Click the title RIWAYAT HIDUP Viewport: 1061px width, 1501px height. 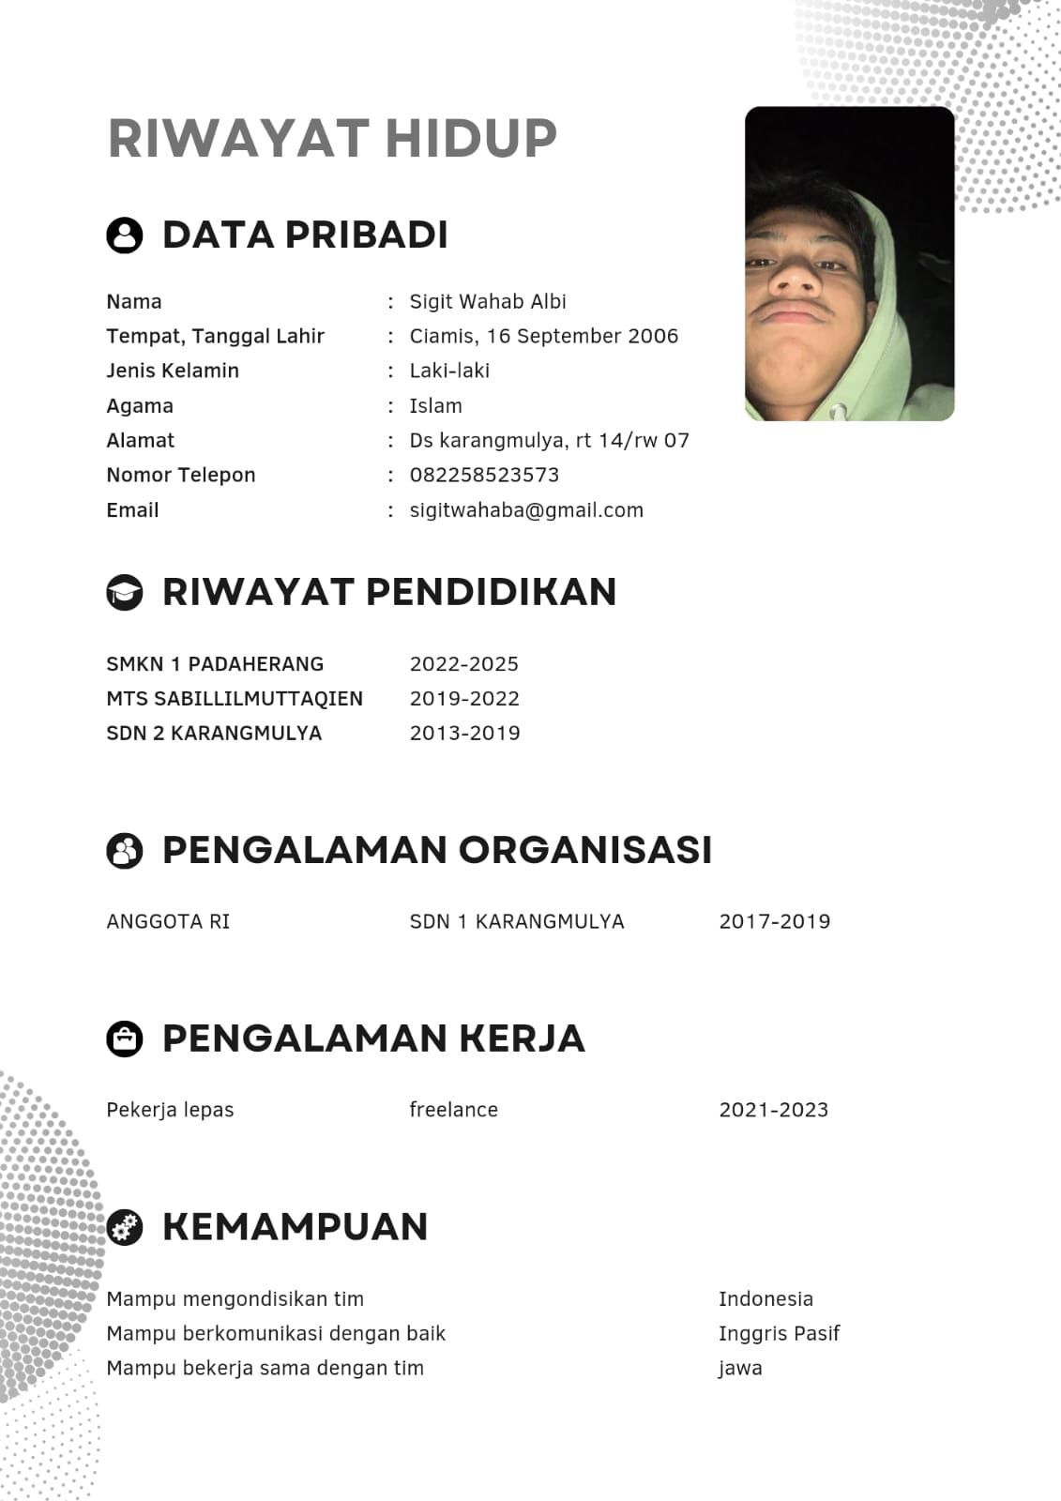333,138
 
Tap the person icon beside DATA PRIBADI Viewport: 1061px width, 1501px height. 125,235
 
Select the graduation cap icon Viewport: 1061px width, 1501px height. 125,592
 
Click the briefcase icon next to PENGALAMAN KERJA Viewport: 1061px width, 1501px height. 125,1039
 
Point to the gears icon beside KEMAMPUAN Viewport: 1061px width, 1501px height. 125,1227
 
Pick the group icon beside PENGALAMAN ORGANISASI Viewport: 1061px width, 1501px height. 125,850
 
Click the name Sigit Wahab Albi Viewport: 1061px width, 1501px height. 488,302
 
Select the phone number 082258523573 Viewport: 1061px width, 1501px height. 484,475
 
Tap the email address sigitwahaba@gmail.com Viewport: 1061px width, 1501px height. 526,510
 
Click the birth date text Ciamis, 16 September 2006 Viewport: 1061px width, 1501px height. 543,336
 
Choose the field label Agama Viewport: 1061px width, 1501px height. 140,406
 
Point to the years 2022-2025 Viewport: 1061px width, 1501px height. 463,664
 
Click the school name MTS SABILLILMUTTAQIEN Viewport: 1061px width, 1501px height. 235,699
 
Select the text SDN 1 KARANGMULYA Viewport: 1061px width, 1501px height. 517,921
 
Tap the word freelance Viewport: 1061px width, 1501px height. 453,1110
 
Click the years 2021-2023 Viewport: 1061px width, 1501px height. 773,1110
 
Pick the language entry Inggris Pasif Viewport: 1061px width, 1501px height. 779,1333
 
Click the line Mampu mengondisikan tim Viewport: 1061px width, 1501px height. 235,1299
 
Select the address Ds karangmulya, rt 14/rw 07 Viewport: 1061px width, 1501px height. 549,441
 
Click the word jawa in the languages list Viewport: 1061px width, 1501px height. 740,1369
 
